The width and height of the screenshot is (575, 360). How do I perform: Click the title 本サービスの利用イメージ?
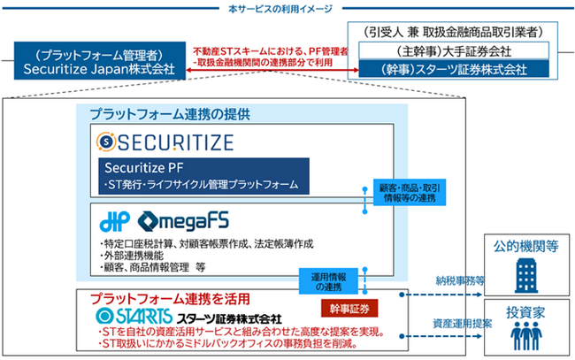pos(287,7)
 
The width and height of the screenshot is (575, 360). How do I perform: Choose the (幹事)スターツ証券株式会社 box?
pos(458,68)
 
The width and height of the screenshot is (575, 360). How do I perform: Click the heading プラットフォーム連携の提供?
pos(169,114)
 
